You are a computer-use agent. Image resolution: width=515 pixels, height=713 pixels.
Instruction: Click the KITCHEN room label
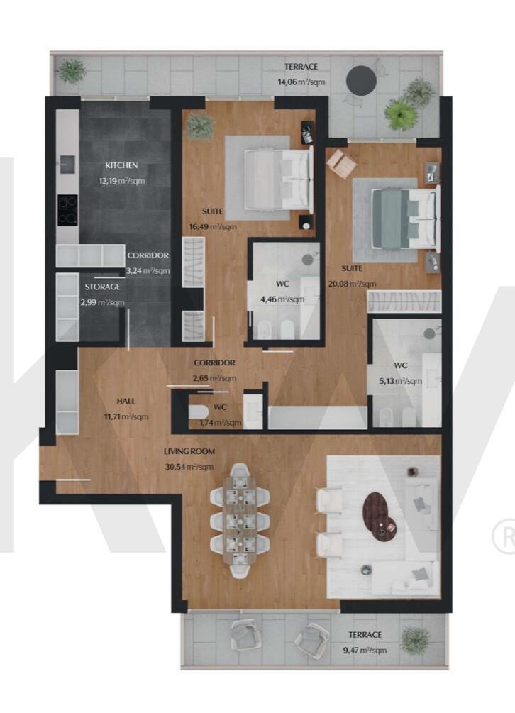coord(121,165)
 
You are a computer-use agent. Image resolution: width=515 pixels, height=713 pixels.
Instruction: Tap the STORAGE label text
coord(102,287)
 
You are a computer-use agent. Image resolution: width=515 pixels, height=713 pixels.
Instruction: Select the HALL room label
coord(126,401)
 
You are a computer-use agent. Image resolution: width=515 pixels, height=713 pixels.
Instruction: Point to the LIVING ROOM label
coord(189,451)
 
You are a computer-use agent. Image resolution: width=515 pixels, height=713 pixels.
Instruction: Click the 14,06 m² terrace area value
coord(301,82)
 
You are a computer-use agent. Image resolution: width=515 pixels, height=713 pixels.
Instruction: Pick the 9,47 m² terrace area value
coord(365,651)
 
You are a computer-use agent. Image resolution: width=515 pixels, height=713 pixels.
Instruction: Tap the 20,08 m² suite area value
coord(352,284)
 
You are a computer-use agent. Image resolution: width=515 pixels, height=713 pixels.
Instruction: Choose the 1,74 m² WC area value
coord(220,423)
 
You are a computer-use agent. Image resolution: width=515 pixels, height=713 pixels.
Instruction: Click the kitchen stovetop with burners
coord(67,211)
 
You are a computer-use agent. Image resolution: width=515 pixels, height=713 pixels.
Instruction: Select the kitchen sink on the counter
coord(67,164)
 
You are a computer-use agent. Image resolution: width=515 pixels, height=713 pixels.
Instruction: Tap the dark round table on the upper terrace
coord(361,80)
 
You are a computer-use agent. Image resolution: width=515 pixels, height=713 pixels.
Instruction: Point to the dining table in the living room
coord(240,520)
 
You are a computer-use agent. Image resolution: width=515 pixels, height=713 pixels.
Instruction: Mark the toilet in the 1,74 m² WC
coord(198,412)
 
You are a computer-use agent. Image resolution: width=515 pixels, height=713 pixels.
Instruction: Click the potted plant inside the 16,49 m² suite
coord(200,124)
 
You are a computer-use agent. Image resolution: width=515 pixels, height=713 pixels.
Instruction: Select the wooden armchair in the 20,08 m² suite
coord(341,162)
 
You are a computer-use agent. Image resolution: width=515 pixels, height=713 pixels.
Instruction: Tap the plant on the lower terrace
coord(414,639)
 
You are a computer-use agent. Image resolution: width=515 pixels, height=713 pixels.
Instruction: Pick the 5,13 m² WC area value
coord(401,381)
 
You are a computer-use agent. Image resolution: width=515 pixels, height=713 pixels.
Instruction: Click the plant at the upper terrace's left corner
coord(72,71)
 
